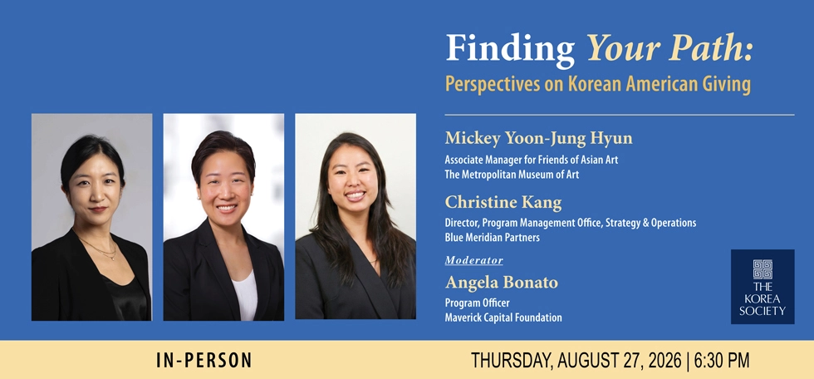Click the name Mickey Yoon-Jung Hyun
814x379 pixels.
point(539,139)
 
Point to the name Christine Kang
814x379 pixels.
point(503,202)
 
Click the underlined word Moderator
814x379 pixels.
point(474,260)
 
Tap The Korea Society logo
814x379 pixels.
point(763,287)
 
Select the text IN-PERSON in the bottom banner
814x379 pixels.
point(204,361)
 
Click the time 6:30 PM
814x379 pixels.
point(722,361)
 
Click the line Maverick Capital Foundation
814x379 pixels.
point(503,317)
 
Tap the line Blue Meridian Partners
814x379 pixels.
point(492,238)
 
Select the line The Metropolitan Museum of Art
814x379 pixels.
point(512,175)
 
